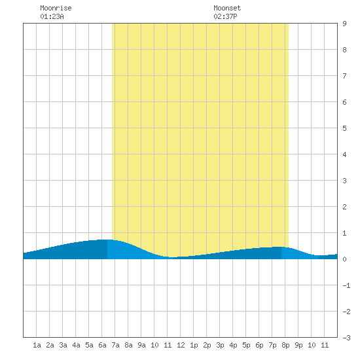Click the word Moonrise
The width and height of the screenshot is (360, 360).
(x=56, y=8)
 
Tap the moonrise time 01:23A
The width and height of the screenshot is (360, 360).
(x=52, y=16)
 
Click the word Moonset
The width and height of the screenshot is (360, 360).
(x=227, y=8)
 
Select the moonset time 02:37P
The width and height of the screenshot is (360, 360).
(x=225, y=16)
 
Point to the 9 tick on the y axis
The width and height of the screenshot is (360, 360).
(x=344, y=24)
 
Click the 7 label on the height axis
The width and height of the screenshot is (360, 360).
(x=344, y=76)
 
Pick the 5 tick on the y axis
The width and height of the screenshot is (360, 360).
(x=344, y=128)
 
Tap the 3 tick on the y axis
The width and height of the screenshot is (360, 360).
(x=344, y=181)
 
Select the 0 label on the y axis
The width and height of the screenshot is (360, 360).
(x=344, y=259)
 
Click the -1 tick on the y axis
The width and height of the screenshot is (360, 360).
(x=346, y=285)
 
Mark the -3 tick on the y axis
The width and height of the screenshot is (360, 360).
(x=346, y=338)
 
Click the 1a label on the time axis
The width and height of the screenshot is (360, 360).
(x=37, y=345)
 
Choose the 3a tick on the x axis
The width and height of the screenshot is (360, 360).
(x=63, y=345)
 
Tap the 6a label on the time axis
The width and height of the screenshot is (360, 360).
(x=102, y=345)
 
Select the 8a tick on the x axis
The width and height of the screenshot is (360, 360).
(x=128, y=345)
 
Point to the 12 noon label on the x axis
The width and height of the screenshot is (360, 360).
(x=181, y=345)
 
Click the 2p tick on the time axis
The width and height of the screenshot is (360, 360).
(x=207, y=345)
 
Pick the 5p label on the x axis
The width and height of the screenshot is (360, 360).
(x=246, y=345)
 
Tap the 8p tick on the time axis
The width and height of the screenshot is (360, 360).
(x=285, y=345)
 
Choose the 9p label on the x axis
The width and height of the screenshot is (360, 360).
(x=298, y=345)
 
